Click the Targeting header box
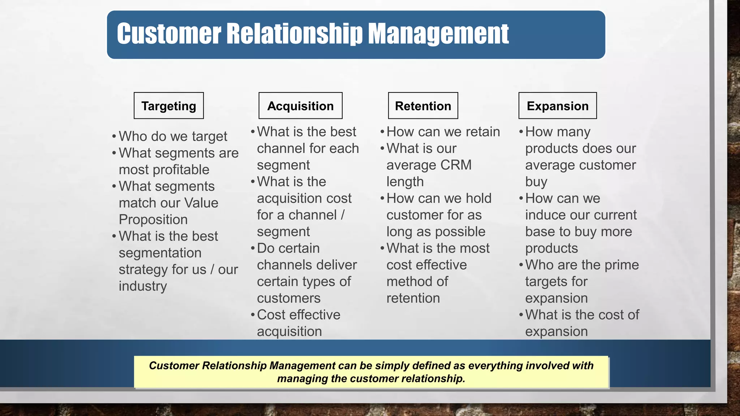point(169,106)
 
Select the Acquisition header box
point(300,106)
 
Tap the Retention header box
point(423,106)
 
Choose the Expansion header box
point(558,106)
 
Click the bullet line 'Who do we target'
point(173,136)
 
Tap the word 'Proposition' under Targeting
point(153,220)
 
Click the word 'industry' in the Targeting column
point(143,286)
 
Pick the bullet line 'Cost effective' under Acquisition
point(298,315)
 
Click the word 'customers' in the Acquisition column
point(289,298)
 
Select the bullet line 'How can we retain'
point(443,132)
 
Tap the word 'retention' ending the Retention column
point(413,298)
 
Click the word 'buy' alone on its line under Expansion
point(536,182)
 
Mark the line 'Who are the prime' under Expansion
point(582,265)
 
